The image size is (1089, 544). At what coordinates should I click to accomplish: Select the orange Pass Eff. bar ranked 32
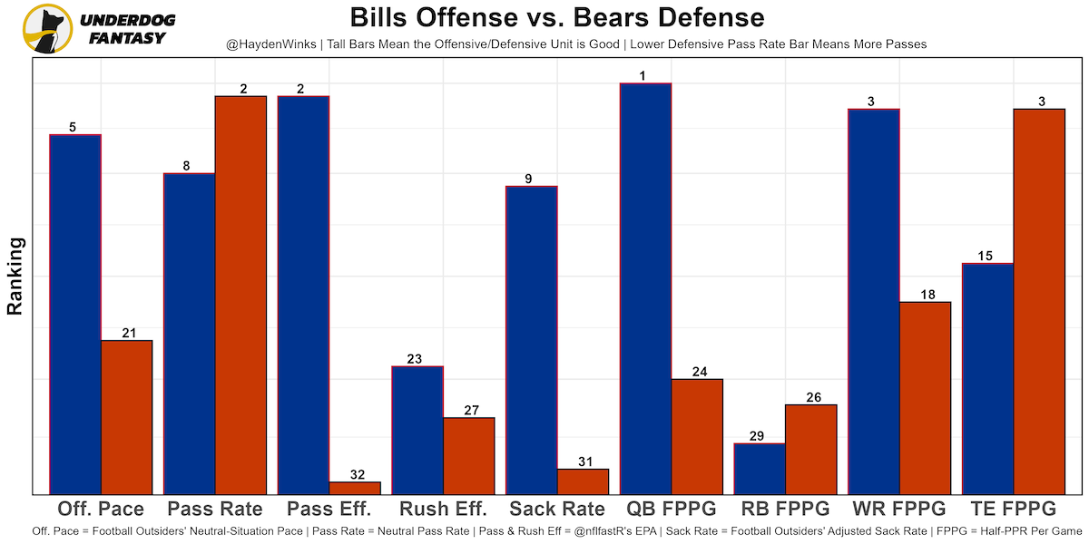click(355, 488)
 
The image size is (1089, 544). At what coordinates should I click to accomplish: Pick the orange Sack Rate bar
click(583, 481)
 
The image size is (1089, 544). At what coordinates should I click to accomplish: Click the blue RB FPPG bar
click(759, 469)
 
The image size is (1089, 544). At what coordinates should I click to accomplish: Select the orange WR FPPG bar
click(925, 398)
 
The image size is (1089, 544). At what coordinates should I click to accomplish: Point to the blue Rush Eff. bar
click(417, 430)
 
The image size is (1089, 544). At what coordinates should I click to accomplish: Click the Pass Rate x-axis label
click(215, 508)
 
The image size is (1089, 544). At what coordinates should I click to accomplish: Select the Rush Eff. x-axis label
click(443, 508)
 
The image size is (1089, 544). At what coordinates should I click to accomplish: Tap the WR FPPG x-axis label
click(898, 508)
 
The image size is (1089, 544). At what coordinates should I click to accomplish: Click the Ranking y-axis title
click(15, 276)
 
